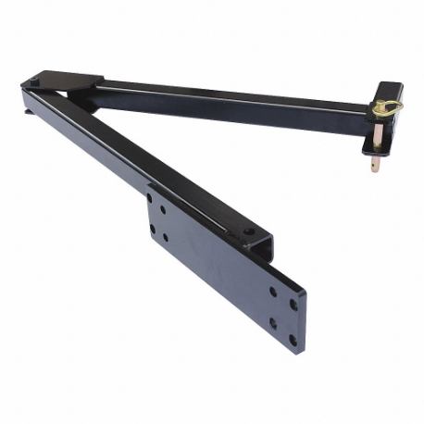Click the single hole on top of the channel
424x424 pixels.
[x=248, y=231]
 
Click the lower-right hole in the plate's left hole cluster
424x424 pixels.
[x=166, y=238]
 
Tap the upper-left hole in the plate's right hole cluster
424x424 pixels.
[x=272, y=291]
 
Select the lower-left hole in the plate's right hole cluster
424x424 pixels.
[x=272, y=324]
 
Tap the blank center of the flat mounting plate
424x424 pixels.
[x=218, y=268]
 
